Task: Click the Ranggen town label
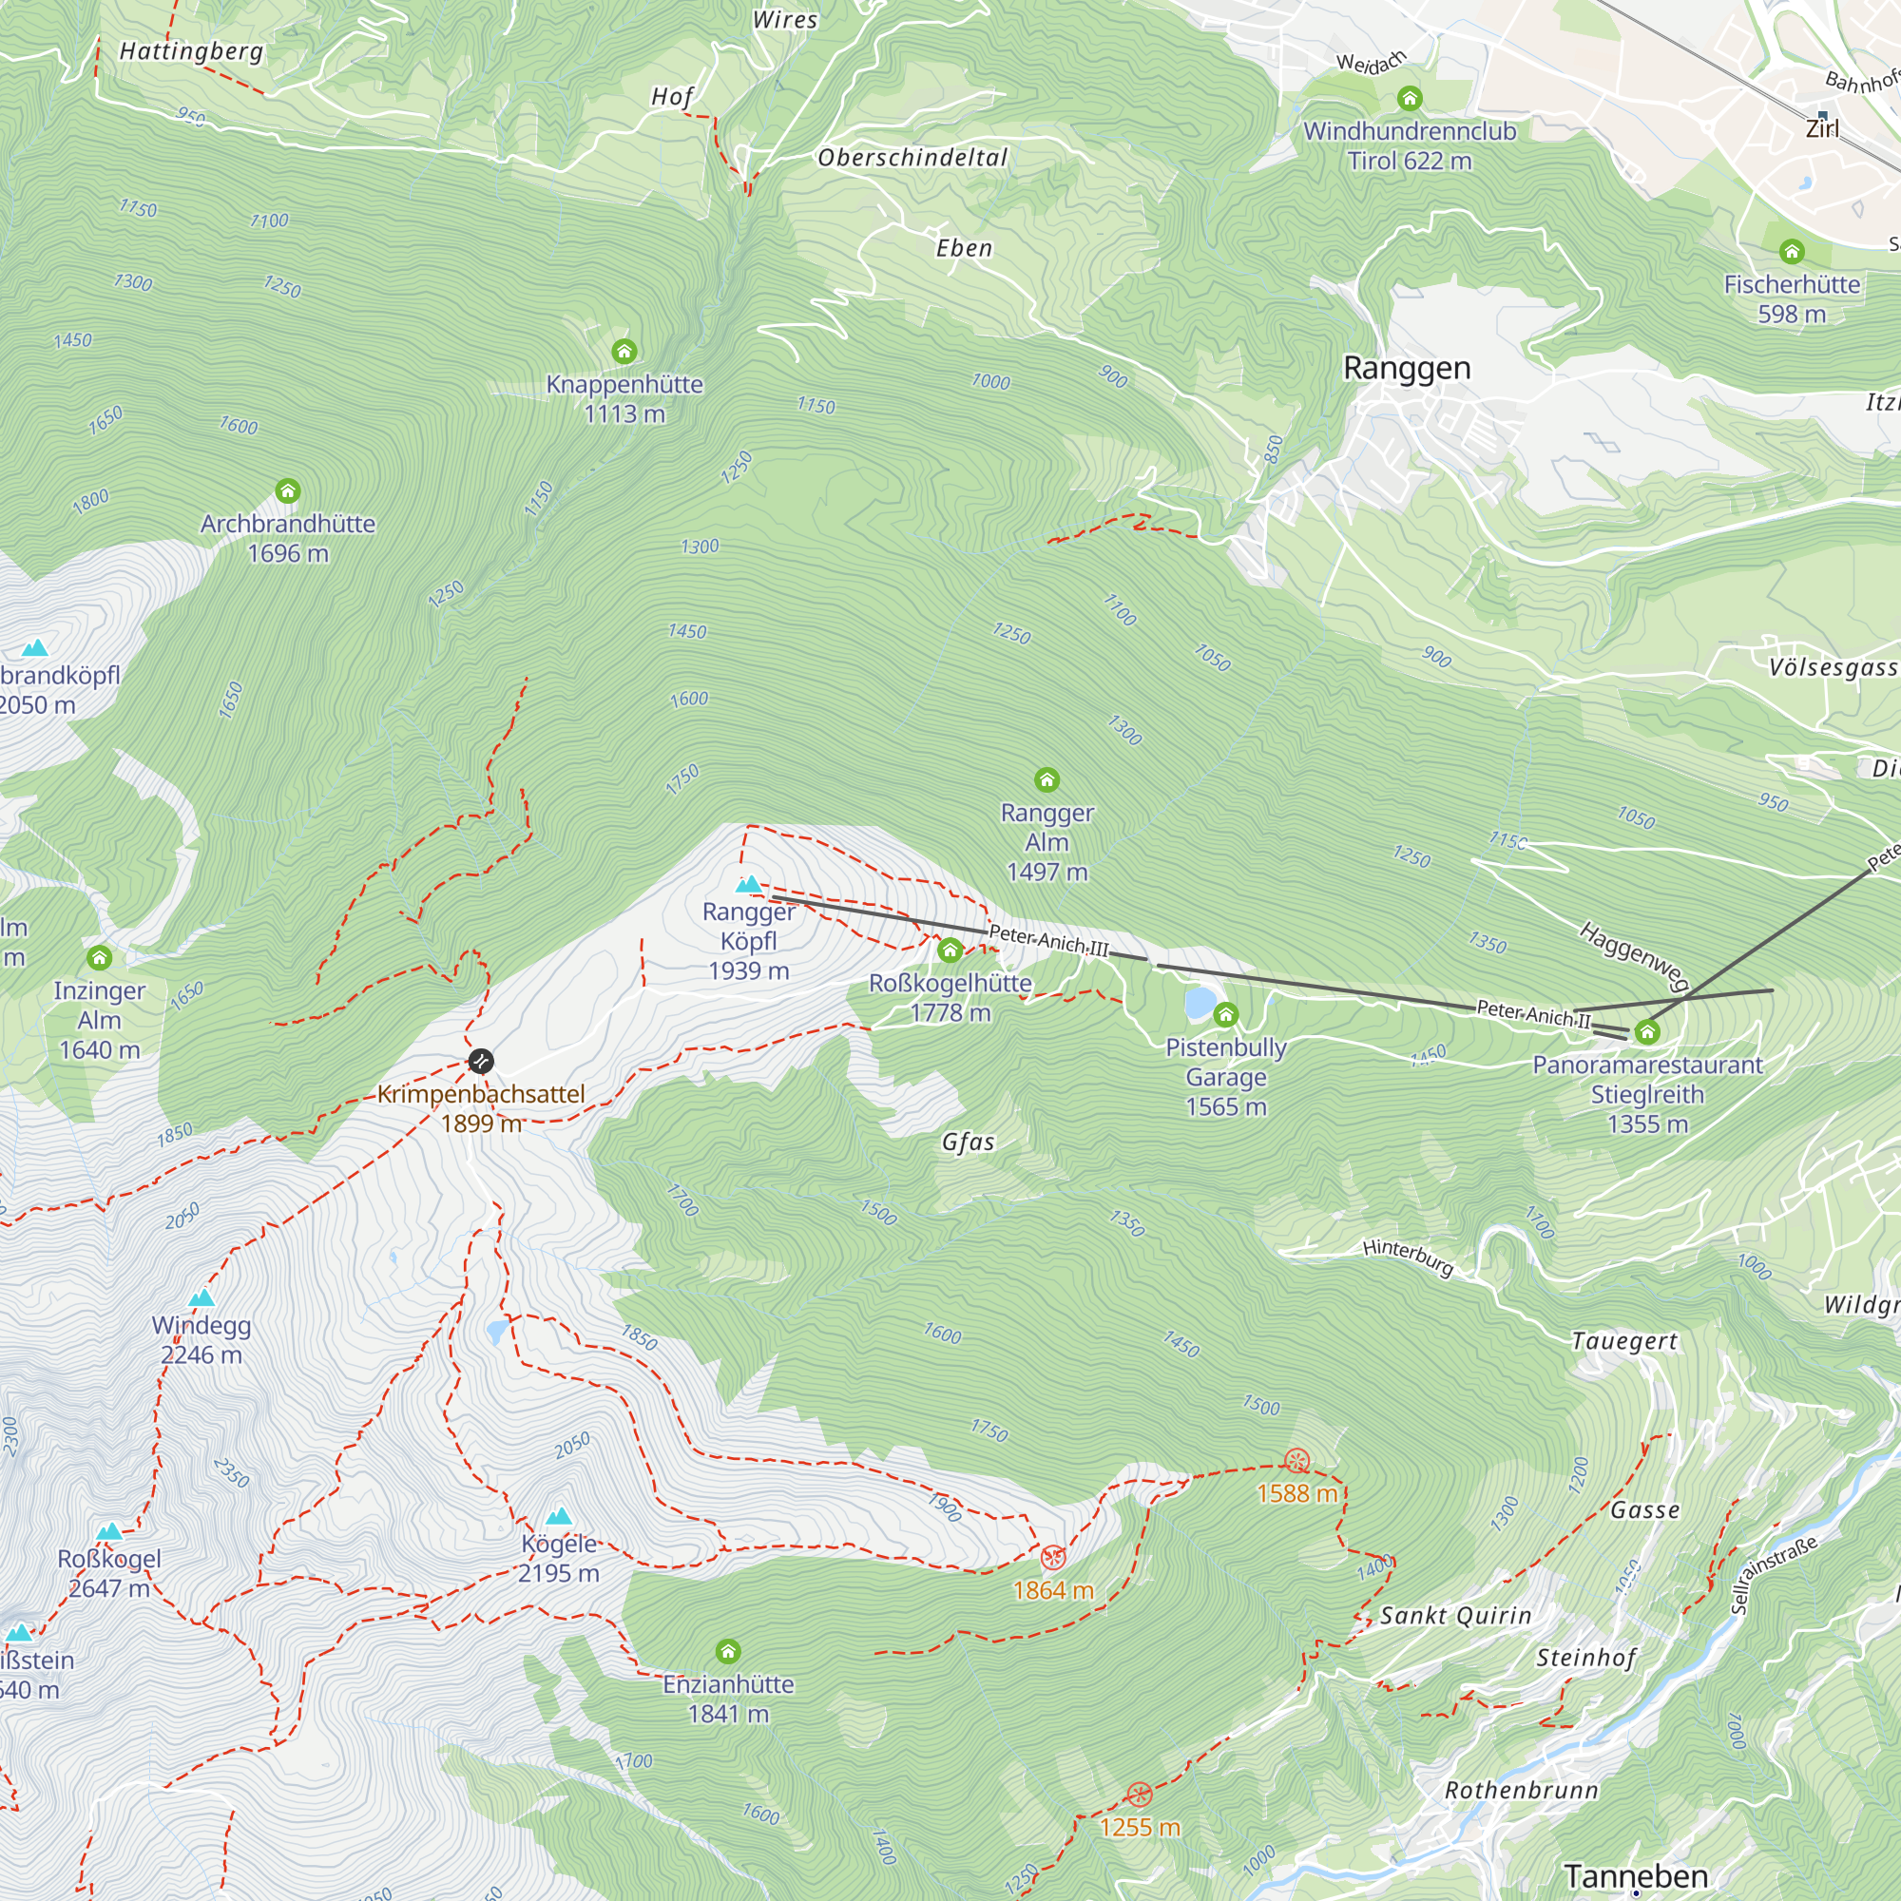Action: point(1406,368)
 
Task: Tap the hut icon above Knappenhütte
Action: point(624,352)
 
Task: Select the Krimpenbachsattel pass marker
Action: point(480,1061)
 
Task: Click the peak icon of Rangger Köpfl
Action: point(749,885)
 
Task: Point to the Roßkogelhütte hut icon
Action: point(950,950)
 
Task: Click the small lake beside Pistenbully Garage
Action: point(1200,1003)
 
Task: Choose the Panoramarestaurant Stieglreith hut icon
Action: point(1647,1032)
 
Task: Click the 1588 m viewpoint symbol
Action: point(1296,1460)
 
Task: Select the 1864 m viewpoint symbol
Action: point(1053,1558)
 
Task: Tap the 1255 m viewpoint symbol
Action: point(1140,1794)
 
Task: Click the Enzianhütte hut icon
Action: point(728,1651)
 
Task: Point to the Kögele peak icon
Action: point(559,1516)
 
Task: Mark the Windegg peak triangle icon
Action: point(202,1297)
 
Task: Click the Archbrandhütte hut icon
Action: point(287,491)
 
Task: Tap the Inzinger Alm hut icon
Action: point(100,957)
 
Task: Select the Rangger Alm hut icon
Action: point(1047,780)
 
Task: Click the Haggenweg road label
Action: point(1633,955)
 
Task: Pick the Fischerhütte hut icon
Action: point(1792,252)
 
